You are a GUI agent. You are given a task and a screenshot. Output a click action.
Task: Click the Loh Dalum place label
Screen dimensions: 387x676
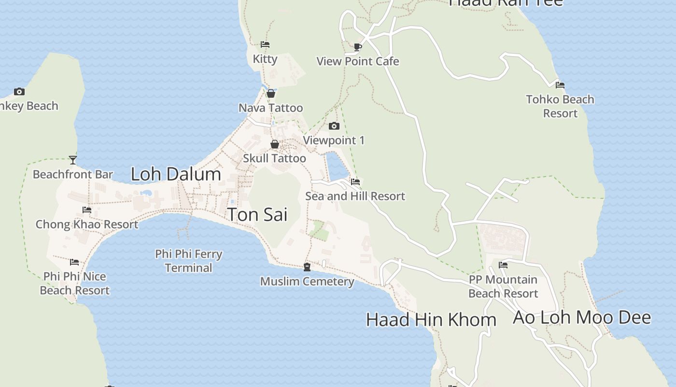pyautogui.click(x=176, y=174)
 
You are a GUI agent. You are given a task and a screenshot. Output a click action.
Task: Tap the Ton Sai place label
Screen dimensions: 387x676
pyautogui.click(x=257, y=214)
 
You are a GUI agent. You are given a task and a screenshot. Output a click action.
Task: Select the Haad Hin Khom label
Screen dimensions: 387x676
pyautogui.click(x=431, y=319)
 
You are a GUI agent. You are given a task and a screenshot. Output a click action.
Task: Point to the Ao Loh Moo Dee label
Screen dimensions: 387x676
pyautogui.click(x=582, y=317)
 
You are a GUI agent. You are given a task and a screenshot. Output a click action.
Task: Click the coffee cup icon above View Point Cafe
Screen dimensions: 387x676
pyautogui.click(x=358, y=47)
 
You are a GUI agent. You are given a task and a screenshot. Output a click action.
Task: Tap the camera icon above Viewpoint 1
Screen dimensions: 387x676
pyautogui.click(x=334, y=126)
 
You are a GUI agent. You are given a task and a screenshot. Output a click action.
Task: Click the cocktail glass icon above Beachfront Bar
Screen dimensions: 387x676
pyautogui.click(x=73, y=160)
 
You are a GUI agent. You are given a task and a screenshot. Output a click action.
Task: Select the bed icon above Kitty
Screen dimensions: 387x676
pyautogui.click(x=265, y=45)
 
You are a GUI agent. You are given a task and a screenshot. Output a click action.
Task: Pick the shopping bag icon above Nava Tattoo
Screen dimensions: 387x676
pyautogui.click(x=271, y=93)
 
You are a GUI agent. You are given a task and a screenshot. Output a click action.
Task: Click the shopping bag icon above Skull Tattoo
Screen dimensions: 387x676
pyautogui.click(x=275, y=144)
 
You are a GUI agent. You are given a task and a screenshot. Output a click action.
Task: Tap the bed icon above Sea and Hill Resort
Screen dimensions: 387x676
pyautogui.click(x=355, y=182)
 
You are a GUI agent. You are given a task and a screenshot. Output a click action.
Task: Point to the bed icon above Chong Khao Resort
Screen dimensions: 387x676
pyautogui.click(x=87, y=210)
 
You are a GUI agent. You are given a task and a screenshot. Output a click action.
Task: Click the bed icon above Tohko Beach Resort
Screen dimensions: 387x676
pyautogui.click(x=560, y=85)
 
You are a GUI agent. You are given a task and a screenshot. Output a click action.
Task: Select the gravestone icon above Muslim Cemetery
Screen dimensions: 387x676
pyautogui.click(x=307, y=267)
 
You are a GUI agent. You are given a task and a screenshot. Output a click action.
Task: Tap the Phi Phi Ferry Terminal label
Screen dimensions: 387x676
pyautogui.click(x=189, y=261)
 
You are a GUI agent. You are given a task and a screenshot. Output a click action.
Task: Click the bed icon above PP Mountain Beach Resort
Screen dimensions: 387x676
pyautogui.click(x=503, y=265)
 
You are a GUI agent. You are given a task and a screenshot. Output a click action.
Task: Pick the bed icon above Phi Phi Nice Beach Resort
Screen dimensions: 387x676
pyautogui.click(x=74, y=262)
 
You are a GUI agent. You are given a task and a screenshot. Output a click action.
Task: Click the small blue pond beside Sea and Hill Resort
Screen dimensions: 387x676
pyautogui.click(x=337, y=164)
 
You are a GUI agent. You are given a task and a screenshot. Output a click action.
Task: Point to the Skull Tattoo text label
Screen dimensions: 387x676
pyautogui.click(x=274, y=158)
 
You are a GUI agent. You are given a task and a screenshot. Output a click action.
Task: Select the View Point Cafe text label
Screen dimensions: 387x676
pyautogui.click(x=358, y=61)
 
